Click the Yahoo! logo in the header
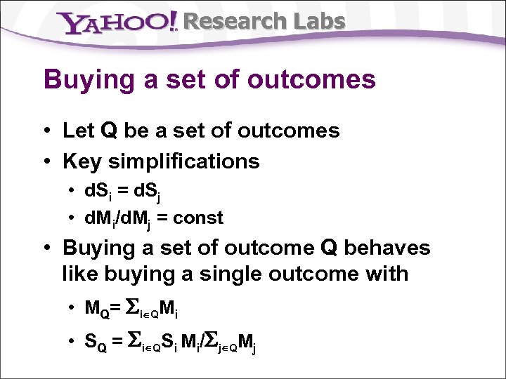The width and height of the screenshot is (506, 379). point(119,22)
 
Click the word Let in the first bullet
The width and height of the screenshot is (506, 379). point(78,131)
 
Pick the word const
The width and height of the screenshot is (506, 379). point(198,218)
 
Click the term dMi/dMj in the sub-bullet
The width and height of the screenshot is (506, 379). point(122,219)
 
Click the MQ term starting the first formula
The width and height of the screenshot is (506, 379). point(96,308)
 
